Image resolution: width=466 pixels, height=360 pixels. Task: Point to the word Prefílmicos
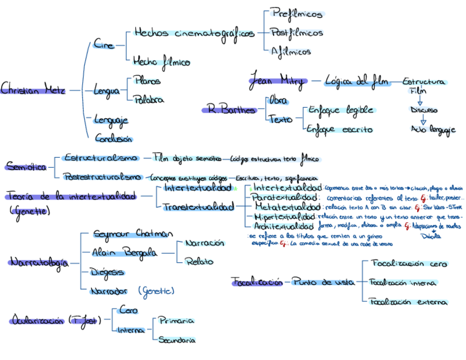point(297,13)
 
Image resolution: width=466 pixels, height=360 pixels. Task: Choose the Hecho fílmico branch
point(161,62)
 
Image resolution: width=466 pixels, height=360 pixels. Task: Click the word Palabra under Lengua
point(148,99)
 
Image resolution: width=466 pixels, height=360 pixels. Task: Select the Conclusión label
point(113,138)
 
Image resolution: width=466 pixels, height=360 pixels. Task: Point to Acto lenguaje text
point(433,130)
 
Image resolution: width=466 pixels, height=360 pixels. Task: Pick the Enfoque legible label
point(340,110)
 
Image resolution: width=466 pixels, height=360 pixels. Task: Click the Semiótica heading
point(26,166)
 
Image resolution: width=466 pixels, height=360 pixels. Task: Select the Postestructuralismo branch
point(101,177)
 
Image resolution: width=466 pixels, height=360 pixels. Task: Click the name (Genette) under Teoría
point(30,211)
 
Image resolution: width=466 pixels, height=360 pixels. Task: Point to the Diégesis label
point(108,272)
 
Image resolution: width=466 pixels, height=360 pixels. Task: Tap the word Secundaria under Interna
point(176,340)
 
